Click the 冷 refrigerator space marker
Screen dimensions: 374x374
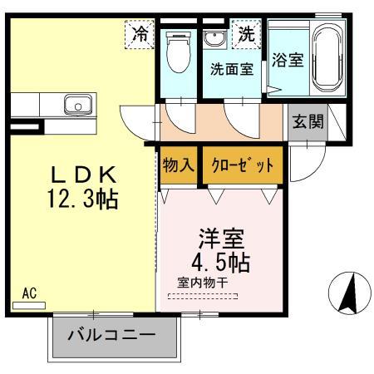[x=140, y=35]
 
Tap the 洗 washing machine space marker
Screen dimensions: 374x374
[x=245, y=35]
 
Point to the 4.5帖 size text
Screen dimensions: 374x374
[x=221, y=260]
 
